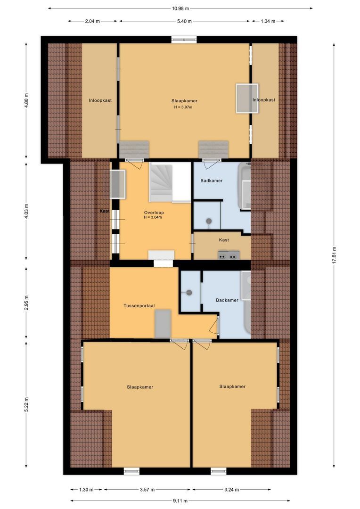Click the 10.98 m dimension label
pyautogui.click(x=180, y=8)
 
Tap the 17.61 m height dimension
pyautogui.click(x=334, y=256)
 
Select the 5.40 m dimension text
pyautogui.click(x=184, y=21)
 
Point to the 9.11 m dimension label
pyautogui.click(x=180, y=501)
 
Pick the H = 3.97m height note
pyautogui.click(x=184, y=107)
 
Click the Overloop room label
pyautogui.click(x=154, y=213)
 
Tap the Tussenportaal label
pyautogui.click(x=137, y=305)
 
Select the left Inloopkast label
pyautogui.click(x=100, y=100)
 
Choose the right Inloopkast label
pyautogui.click(x=263, y=100)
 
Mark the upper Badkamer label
pyautogui.click(x=211, y=181)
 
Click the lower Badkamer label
pyautogui.click(x=227, y=300)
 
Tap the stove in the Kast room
pyautogui.click(x=229, y=255)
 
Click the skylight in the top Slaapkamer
pyautogui.click(x=247, y=98)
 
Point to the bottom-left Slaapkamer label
pyautogui.click(x=140, y=387)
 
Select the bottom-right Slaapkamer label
pyautogui.click(x=232, y=386)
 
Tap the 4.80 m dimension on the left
pyautogui.click(x=26, y=101)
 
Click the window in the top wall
pyautogui.click(x=184, y=40)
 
